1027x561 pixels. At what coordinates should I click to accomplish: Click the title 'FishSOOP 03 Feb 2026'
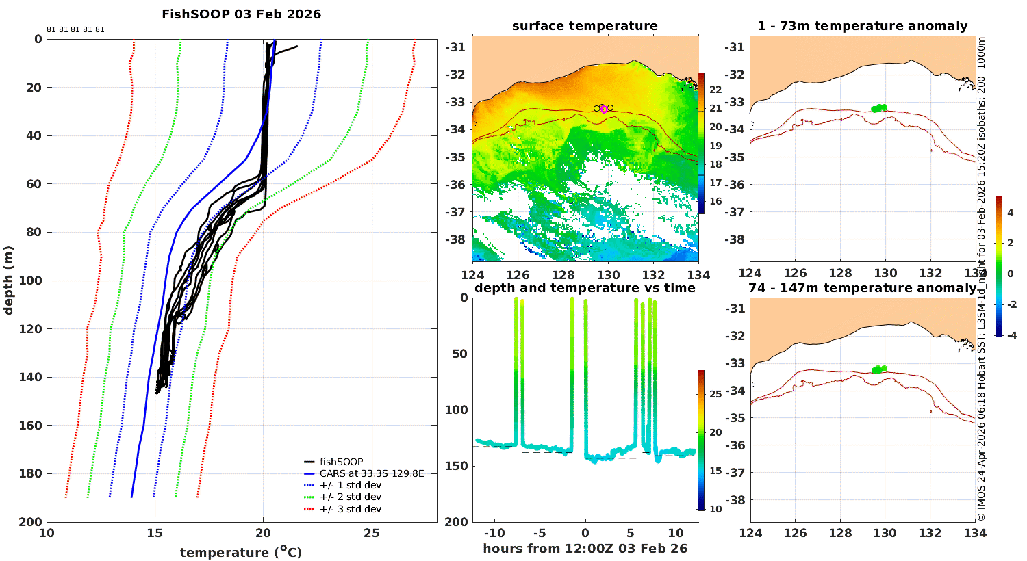241,14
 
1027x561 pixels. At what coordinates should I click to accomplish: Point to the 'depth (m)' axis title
8,280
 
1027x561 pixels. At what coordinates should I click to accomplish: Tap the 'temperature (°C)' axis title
241,552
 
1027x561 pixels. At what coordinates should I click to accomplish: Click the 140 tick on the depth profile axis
31,378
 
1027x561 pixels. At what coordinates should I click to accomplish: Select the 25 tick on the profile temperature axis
371,533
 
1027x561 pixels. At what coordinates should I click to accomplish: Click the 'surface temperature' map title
585,26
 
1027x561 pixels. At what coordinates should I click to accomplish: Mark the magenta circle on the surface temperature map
605,109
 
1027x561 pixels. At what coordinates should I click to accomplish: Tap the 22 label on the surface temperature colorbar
715,90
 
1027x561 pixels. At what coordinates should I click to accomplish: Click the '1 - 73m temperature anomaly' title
863,26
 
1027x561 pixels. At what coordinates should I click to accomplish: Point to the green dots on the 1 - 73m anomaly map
879,108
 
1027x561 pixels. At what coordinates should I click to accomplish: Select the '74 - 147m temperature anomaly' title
863,287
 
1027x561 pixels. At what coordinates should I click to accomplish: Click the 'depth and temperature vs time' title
585,287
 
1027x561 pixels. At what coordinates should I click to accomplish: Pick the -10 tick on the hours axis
495,534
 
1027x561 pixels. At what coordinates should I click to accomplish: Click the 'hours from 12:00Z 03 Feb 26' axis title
585,549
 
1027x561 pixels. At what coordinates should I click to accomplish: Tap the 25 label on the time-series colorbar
715,394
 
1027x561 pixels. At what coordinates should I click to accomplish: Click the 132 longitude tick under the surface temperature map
653,275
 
